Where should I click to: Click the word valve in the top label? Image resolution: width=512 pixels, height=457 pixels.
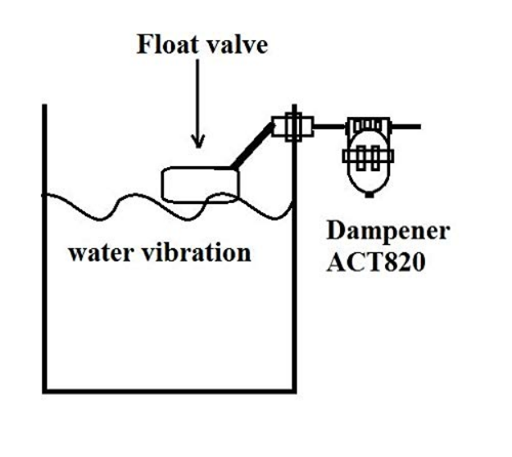tap(237, 44)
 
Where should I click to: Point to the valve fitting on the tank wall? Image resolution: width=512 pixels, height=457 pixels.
tap(291, 127)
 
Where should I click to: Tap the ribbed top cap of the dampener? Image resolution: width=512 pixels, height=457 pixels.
tap(368, 127)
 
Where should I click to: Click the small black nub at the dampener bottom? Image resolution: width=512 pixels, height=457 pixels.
tap(369, 194)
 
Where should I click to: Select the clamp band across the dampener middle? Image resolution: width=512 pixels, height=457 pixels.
tap(369, 155)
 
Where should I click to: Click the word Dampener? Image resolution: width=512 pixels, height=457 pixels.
tap(378, 232)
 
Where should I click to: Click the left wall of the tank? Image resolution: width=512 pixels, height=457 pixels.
tap(44, 287)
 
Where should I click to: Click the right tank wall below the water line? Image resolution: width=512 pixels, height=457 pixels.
tap(292, 311)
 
